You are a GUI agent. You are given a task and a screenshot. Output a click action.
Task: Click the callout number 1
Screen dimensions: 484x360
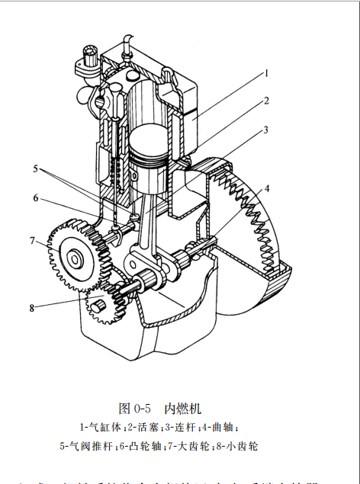(x=268, y=74)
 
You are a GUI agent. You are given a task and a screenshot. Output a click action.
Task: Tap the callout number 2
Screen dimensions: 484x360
(x=267, y=100)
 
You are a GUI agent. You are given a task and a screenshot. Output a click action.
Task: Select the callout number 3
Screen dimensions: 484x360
(x=266, y=130)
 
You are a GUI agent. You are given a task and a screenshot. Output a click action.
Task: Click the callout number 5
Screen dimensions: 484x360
(x=35, y=167)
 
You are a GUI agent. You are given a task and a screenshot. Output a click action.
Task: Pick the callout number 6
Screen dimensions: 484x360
(x=35, y=197)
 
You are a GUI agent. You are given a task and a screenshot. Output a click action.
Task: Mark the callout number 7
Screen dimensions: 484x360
(x=33, y=241)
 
